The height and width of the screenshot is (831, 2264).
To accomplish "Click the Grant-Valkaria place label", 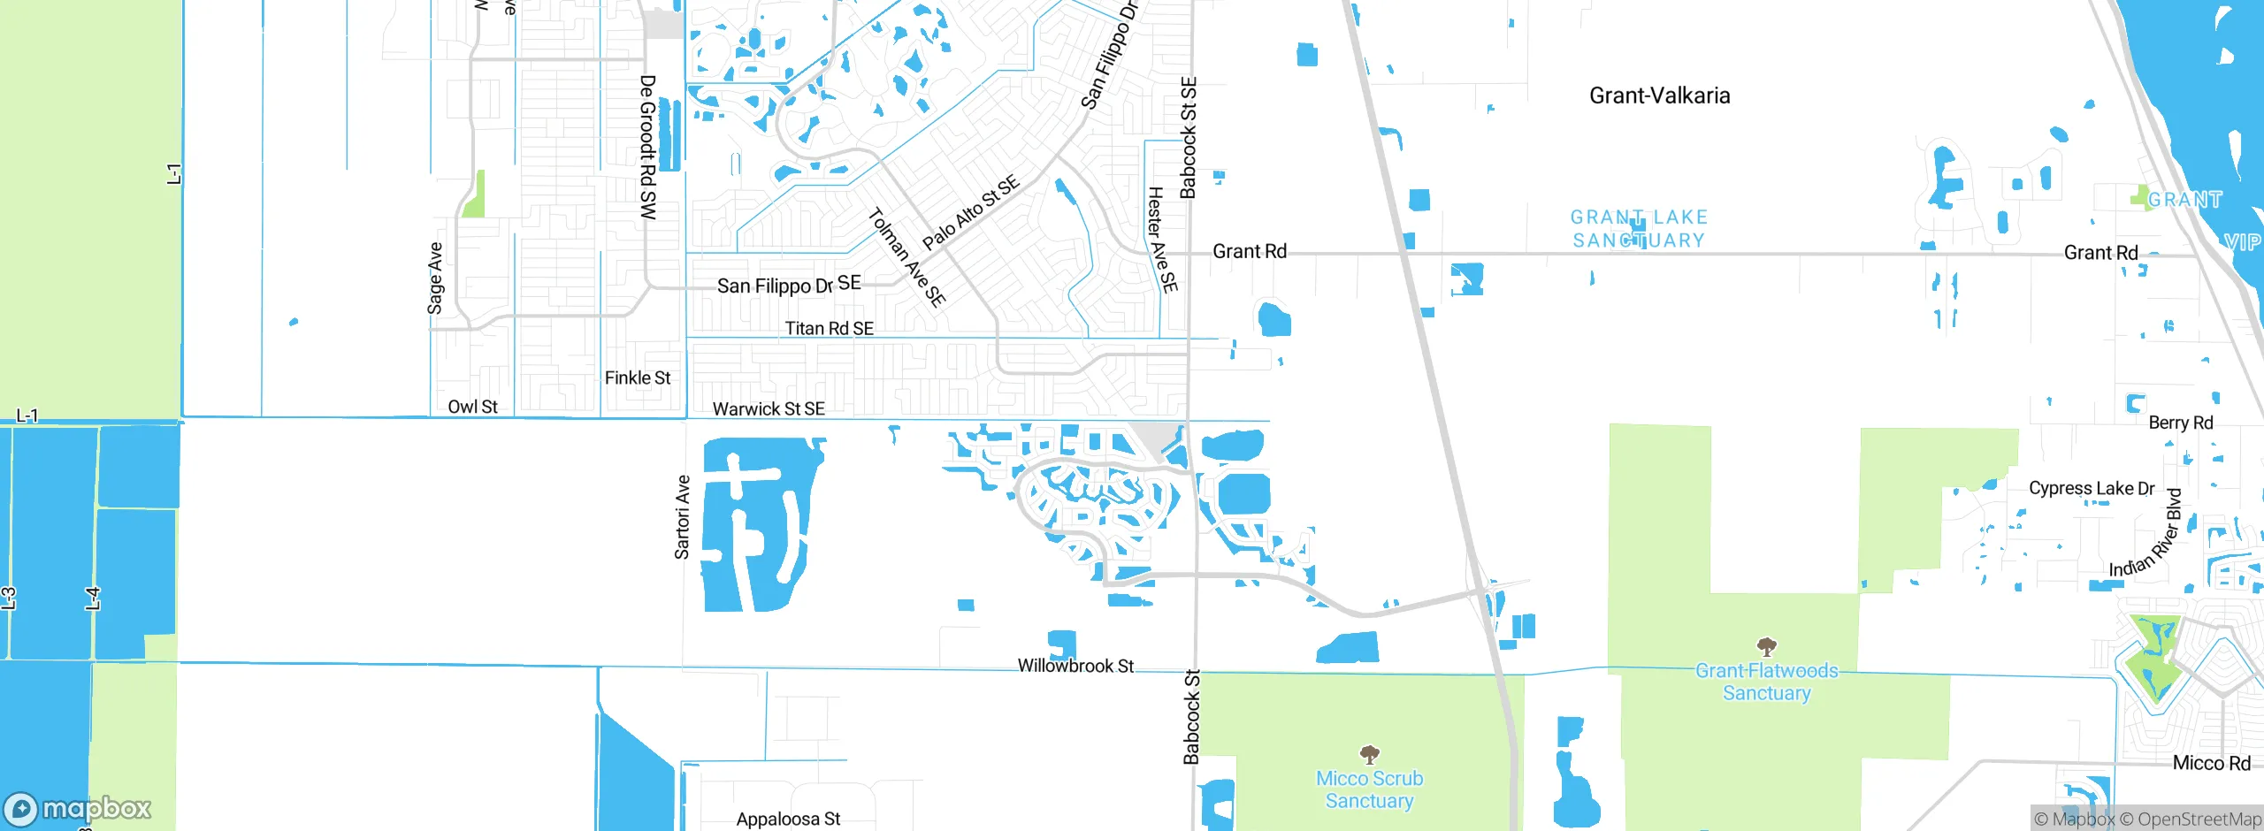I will click(x=1659, y=95).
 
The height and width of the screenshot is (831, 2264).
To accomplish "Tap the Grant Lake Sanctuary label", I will click(x=1639, y=228).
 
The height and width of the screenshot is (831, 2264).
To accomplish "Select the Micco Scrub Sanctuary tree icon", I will click(x=1369, y=754).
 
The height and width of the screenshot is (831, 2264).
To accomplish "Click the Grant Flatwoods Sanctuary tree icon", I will click(x=1766, y=646).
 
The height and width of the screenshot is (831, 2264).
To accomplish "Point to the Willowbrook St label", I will click(x=1075, y=666).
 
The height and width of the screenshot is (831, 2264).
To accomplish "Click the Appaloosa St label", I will click(x=788, y=819).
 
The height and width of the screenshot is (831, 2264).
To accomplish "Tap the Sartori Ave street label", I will click(x=682, y=517).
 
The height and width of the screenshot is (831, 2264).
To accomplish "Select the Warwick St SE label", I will click(x=769, y=408).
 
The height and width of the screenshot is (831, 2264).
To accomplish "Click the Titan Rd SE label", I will click(x=829, y=328).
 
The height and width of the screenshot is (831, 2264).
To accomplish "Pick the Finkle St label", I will click(x=638, y=377).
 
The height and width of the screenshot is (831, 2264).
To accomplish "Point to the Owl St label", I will click(x=472, y=407).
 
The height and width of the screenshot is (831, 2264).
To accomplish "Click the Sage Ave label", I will click(x=435, y=278).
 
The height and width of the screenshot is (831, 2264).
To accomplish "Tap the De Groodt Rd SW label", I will click(x=648, y=147).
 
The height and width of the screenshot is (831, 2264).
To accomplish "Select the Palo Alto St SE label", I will click(x=970, y=212).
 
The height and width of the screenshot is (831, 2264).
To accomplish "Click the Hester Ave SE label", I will click(x=1162, y=239).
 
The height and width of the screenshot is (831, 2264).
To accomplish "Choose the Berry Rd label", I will click(x=2181, y=423).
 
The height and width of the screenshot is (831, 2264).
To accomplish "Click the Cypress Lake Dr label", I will click(x=2092, y=488).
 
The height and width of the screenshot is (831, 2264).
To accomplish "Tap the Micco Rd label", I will click(x=2211, y=763).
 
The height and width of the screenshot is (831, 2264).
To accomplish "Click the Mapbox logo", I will click(x=78, y=808).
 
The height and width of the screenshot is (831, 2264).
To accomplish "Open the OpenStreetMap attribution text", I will click(x=2190, y=820).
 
